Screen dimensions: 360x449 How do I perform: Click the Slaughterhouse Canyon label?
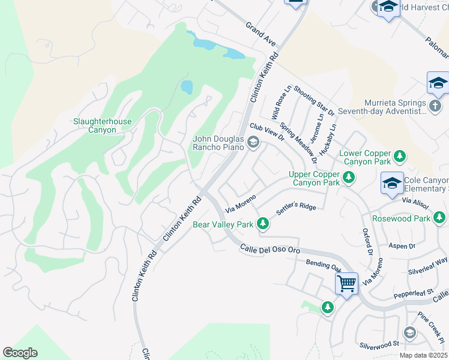pyautogui.click(x=102, y=125)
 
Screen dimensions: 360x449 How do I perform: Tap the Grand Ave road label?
pyautogui.click(x=260, y=34)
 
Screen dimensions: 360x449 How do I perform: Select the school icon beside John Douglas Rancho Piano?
pyautogui.click(x=253, y=143)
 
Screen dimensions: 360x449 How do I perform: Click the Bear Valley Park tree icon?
pyautogui.click(x=262, y=224)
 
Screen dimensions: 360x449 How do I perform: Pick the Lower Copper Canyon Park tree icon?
pyautogui.click(x=399, y=157)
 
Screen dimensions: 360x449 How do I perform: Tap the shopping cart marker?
pyautogui.click(x=347, y=283)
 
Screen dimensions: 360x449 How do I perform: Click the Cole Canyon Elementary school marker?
pyautogui.click(x=392, y=183)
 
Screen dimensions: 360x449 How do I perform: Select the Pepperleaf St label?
pyautogui.click(x=414, y=295)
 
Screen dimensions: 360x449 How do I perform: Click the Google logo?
pyautogui.click(x=20, y=353)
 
